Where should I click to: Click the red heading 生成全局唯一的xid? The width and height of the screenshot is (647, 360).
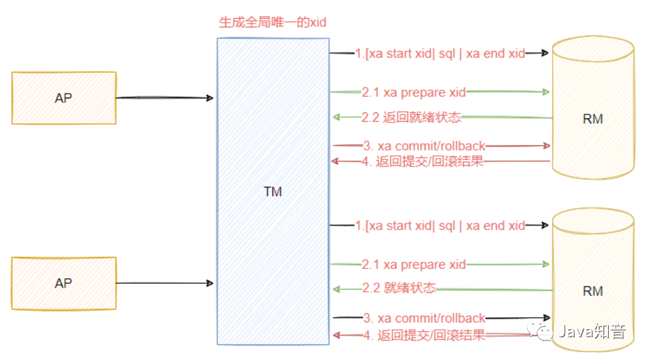272,22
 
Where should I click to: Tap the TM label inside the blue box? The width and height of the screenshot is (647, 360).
272,192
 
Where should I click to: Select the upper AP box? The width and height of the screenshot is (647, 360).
64,98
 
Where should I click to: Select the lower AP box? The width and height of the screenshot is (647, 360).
64,283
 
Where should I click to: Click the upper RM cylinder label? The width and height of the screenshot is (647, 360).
593,119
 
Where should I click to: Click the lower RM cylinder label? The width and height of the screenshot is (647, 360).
593,291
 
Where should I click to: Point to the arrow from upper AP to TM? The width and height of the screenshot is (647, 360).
164,98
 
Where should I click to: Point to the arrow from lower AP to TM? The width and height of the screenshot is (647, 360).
164,283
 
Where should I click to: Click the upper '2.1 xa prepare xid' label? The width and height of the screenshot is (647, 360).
413,92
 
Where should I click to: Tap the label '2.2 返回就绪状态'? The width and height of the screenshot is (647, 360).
411,117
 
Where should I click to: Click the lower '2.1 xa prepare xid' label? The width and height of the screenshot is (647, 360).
413,264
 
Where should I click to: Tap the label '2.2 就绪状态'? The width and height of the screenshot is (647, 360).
399,288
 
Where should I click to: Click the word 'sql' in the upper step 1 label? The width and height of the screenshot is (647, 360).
447,54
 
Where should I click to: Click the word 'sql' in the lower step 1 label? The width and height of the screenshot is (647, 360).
447,226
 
